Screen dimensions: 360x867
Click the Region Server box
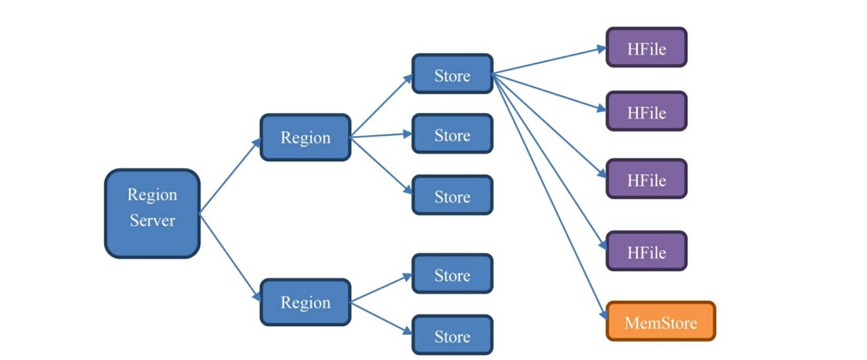point(152,213)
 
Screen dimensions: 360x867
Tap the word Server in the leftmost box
point(152,221)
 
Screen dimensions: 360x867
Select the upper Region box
point(305,137)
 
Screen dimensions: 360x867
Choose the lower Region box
point(305,302)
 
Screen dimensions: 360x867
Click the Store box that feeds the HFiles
point(452,74)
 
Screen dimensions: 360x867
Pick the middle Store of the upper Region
point(452,134)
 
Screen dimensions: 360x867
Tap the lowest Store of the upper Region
point(452,195)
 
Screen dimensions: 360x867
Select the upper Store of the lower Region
point(452,274)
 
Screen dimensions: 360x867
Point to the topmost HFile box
point(646,47)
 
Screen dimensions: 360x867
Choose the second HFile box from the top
point(646,111)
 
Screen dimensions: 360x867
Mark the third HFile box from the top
point(646,179)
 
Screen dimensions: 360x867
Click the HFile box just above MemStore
point(646,251)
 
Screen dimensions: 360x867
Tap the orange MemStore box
point(660,321)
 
